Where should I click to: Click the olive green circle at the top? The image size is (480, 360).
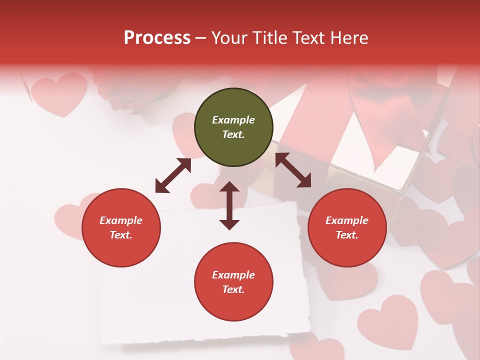[233, 127]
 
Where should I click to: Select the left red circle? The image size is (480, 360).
[121, 228]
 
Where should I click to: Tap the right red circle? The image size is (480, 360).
[347, 228]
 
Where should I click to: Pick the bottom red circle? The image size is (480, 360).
[233, 282]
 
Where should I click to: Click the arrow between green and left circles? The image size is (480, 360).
[173, 175]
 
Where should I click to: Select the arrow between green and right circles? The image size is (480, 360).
[293, 170]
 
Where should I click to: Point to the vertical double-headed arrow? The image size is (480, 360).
[229, 205]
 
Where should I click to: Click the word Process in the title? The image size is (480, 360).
[157, 37]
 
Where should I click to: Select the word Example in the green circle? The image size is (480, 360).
[233, 120]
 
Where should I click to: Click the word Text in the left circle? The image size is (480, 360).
[120, 235]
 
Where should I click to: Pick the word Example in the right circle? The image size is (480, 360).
[347, 220]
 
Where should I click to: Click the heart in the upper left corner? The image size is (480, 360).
[58, 92]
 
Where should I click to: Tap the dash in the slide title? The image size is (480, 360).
[200, 38]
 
